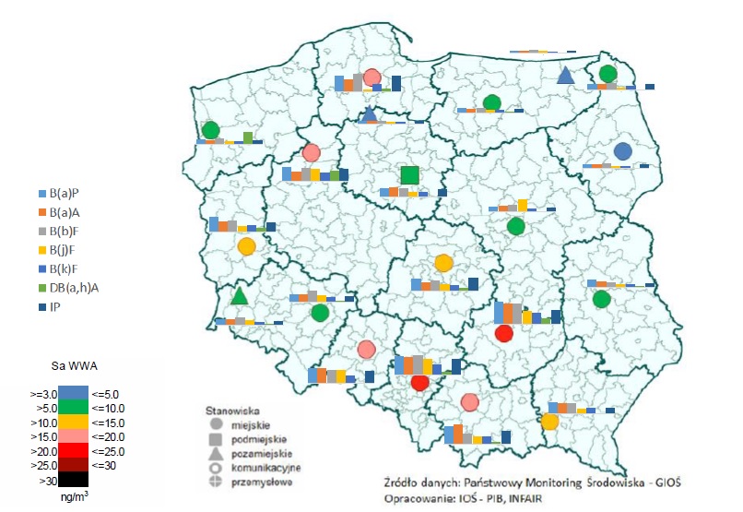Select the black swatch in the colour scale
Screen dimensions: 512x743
(x=73, y=479)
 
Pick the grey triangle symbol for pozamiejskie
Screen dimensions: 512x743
(x=216, y=455)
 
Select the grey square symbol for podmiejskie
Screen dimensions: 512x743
(x=216, y=440)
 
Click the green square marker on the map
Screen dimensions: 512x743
(x=410, y=174)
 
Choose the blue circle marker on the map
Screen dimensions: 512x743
(x=623, y=151)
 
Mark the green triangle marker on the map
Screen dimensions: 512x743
(x=239, y=296)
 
